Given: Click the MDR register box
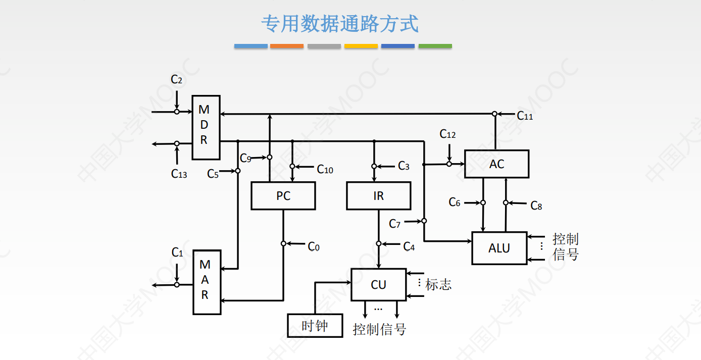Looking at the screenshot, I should click(x=206, y=127).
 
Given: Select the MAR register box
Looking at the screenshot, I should click(x=207, y=282).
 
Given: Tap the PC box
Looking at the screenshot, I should click(x=283, y=195).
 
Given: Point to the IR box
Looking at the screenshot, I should click(x=378, y=195).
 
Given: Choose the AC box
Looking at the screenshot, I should click(x=496, y=164).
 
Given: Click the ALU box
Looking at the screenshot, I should click(x=499, y=248).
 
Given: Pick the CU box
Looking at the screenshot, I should click(x=378, y=284).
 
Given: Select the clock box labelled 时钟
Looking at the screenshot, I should click(x=315, y=326).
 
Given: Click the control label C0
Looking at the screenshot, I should click(x=314, y=246).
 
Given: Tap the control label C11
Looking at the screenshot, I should click(x=525, y=116).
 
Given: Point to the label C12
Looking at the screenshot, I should click(x=447, y=134).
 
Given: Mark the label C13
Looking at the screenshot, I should click(x=179, y=174).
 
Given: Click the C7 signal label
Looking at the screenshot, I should click(x=394, y=223).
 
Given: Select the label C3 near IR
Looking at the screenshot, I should click(x=404, y=166).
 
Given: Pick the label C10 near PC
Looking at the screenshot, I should click(x=325, y=170).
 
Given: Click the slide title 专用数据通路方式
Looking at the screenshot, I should click(x=339, y=24).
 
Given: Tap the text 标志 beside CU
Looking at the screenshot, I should click(x=438, y=284).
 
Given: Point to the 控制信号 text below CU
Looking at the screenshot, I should click(x=379, y=330).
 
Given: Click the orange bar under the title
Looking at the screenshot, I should click(x=287, y=46).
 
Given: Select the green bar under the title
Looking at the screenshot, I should click(x=435, y=46).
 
